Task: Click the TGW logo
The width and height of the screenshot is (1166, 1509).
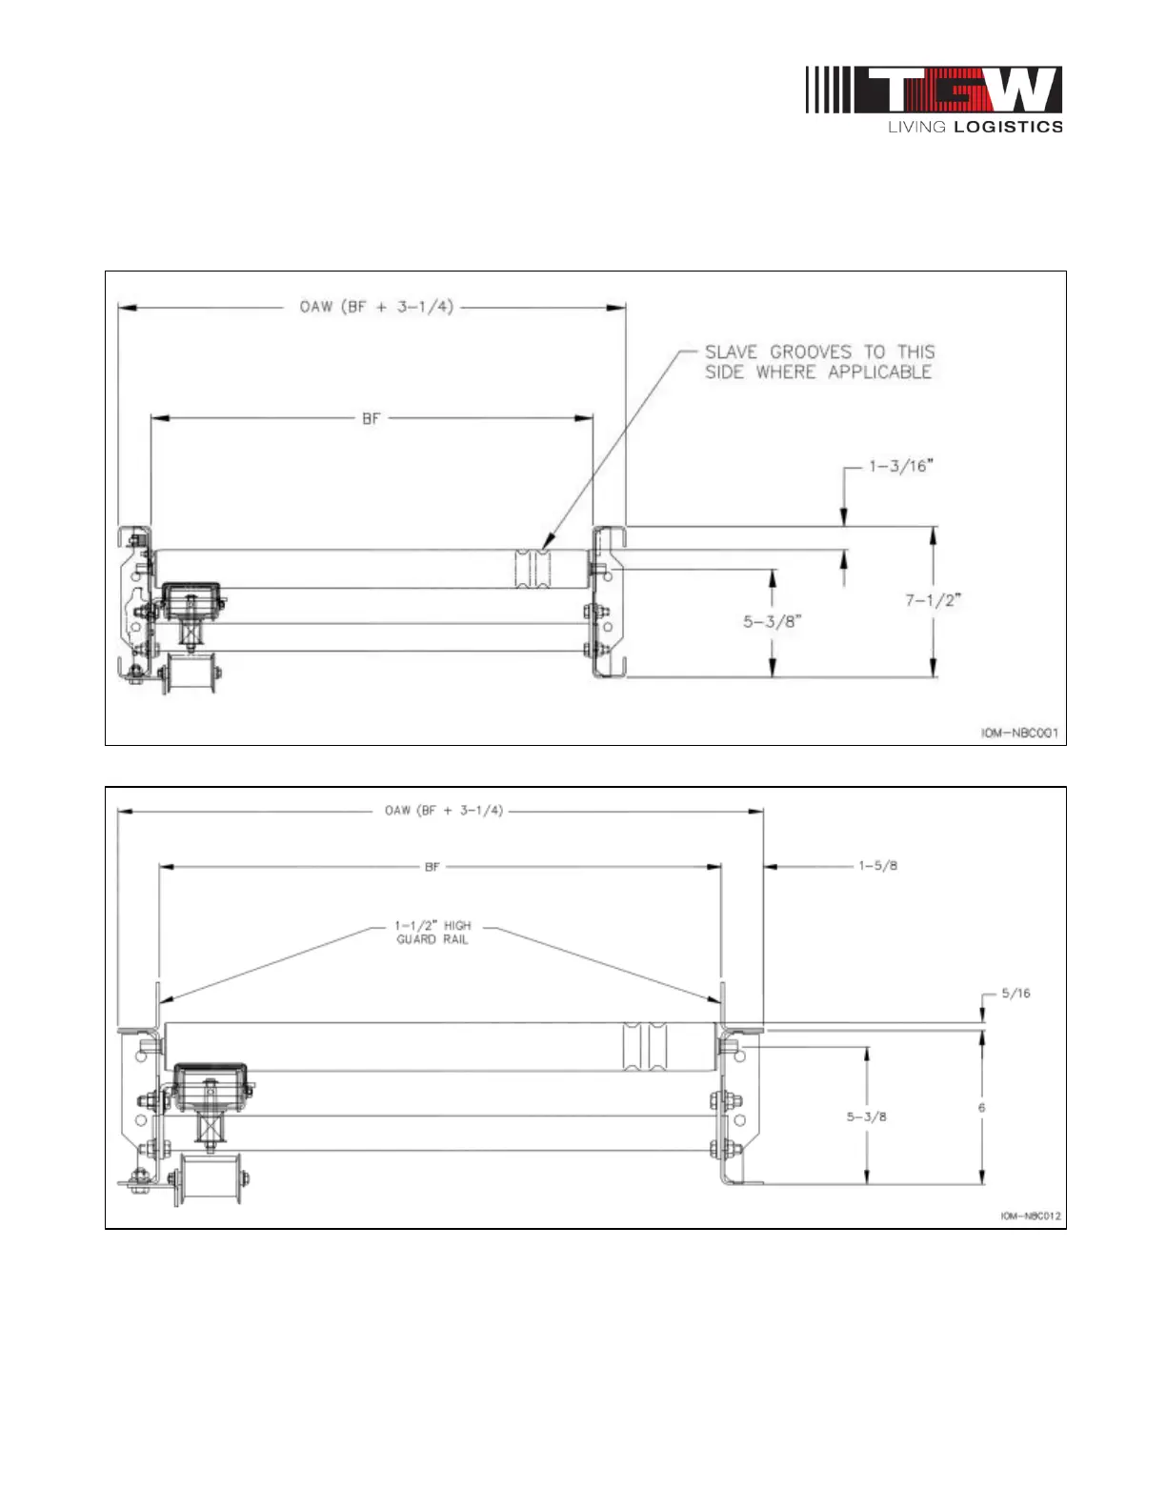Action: pyautogui.click(x=934, y=90)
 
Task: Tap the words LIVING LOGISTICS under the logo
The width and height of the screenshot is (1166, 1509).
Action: pyautogui.click(x=975, y=127)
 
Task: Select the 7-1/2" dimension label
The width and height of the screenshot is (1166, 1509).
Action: pyautogui.click(x=933, y=600)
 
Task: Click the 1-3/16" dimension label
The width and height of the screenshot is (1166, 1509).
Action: pyautogui.click(x=901, y=466)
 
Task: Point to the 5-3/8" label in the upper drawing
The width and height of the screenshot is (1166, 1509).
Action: pyautogui.click(x=773, y=621)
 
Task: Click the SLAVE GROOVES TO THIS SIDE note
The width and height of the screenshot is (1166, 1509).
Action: pyautogui.click(x=819, y=362)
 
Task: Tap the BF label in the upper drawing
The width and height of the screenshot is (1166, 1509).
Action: pyautogui.click(x=371, y=419)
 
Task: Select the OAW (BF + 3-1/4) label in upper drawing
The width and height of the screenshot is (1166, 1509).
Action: pyautogui.click(x=376, y=306)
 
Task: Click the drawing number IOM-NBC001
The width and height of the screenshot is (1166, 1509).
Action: pyautogui.click(x=1019, y=733)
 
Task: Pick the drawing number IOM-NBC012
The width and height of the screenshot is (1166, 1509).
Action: pyautogui.click(x=1031, y=1216)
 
